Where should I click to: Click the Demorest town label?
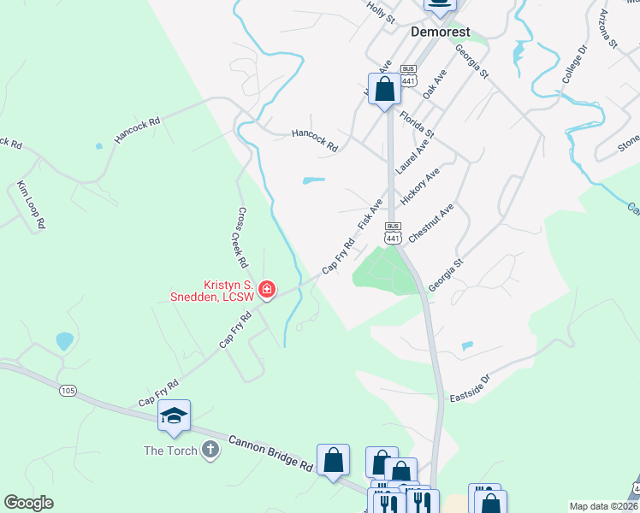440,32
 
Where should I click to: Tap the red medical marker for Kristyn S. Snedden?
267,291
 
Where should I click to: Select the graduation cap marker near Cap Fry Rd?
174,416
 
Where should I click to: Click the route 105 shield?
68,391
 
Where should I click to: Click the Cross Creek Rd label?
242,237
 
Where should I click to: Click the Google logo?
29,503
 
